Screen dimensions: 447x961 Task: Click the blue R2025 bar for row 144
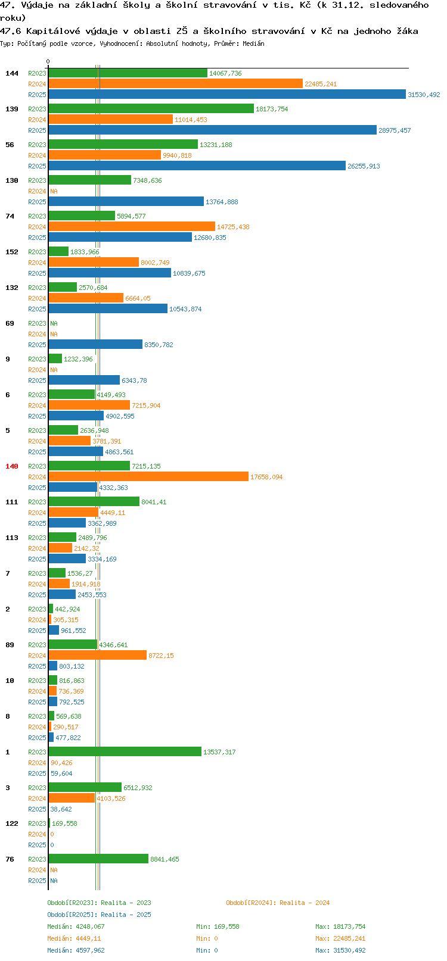point(227,95)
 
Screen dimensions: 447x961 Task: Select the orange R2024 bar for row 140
point(148,477)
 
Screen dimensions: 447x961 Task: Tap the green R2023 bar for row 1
point(125,751)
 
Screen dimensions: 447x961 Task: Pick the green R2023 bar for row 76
point(98,859)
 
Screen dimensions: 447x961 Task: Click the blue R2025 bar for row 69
point(95,345)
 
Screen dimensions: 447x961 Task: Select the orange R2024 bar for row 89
point(98,655)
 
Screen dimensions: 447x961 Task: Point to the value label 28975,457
point(395,130)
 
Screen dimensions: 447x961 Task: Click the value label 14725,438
point(233,227)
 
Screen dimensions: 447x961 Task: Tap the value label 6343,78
point(135,380)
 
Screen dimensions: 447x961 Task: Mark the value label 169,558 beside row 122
point(64,823)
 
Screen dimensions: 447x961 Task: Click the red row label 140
point(11,466)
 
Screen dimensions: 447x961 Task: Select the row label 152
point(11,252)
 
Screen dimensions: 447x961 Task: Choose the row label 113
point(11,538)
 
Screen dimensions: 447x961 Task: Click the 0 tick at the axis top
point(48,61)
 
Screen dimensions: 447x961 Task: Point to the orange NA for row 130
point(54,191)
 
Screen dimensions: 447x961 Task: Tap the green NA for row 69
point(54,323)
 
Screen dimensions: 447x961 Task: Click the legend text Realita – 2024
point(305,903)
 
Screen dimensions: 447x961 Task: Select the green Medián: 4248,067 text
point(76,926)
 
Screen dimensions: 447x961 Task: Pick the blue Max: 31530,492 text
point(340,950)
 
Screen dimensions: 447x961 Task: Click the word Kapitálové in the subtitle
point(53,31)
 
